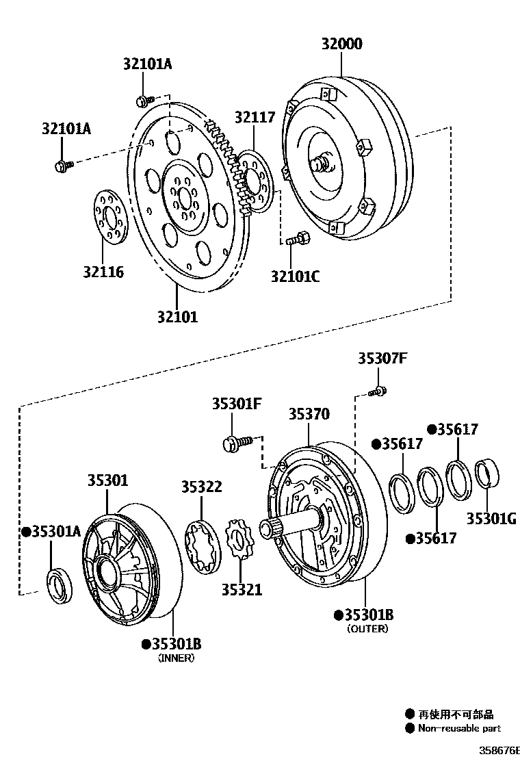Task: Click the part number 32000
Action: [342, 44]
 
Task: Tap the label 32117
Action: [255, 117]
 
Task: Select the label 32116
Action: [103, 272]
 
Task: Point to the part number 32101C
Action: [295, 276]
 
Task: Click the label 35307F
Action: [382, 358]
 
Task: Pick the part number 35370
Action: [309, 414]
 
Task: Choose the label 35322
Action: [201, 487]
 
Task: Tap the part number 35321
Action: [242, 589]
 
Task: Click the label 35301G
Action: [491, 518]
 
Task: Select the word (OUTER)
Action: [367, 628]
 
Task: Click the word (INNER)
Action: [176, 658]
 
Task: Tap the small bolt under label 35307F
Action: [377, 392]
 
